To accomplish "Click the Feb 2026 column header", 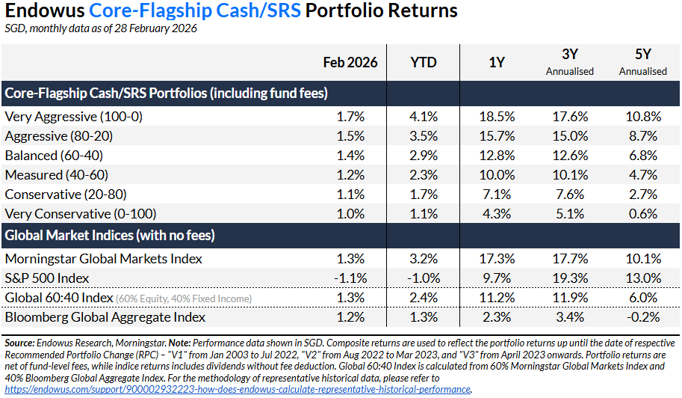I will coord(350,63).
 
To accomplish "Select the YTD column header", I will coord(423,63).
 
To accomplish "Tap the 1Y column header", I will coord(496,63).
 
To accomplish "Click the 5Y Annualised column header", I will coord(642,63).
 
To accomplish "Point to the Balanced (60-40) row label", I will coord(54,156).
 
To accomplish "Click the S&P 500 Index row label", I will coord(47,278).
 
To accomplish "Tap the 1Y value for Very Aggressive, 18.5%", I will coord(500,117).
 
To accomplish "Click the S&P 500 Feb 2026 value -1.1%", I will coord(350,278).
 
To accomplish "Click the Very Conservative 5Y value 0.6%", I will coord(647,214).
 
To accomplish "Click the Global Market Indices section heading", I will coord(110,236).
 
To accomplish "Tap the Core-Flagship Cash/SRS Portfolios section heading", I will coord(167,94).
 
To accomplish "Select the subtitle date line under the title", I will coord(101,28).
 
